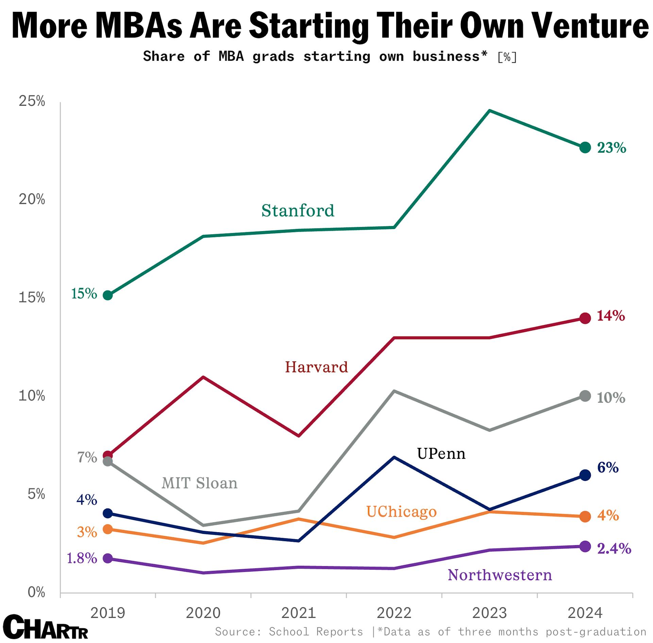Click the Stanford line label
click(x=298, y=211)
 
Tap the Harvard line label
click(x=316, y=367)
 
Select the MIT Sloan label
click(x=199, y=483)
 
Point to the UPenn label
click(x=441, y=454)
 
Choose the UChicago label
click(x=401, y=512)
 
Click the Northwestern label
click(x=500, y=575)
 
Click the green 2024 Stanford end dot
click(x=585, y=147)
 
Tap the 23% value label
click(x=612, y=148)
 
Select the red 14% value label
click(x=611, y=316)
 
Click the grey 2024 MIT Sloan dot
click(x=585, y=396)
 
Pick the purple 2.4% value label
click(x=614, y=549)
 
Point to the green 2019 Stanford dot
click(x=108, y=295)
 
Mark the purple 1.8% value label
click(x=82, y=558)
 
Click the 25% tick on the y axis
click(x=32, y=101)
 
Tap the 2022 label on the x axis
click(x=394, y=613)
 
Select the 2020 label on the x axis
click(x=203, y=613)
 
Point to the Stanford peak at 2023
click(x=489, y=111)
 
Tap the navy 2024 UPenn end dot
click(x=585, y=475)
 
